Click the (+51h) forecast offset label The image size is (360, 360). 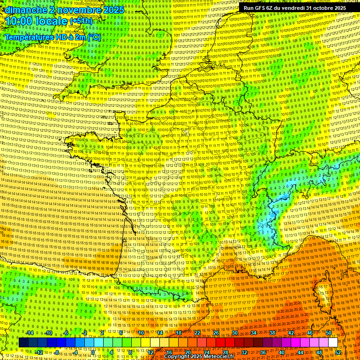point(81,22)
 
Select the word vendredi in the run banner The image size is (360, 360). point(293,8)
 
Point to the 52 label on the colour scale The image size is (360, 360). point(337,352)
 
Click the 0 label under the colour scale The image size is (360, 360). point(93,352)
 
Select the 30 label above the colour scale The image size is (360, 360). point(234,333)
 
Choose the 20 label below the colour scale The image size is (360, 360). point(187,352)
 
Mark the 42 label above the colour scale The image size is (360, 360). point(291,333)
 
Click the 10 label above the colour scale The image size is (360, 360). point(141,333)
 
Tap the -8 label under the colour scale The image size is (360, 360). point(56,352)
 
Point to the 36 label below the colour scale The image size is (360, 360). point(262,352)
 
